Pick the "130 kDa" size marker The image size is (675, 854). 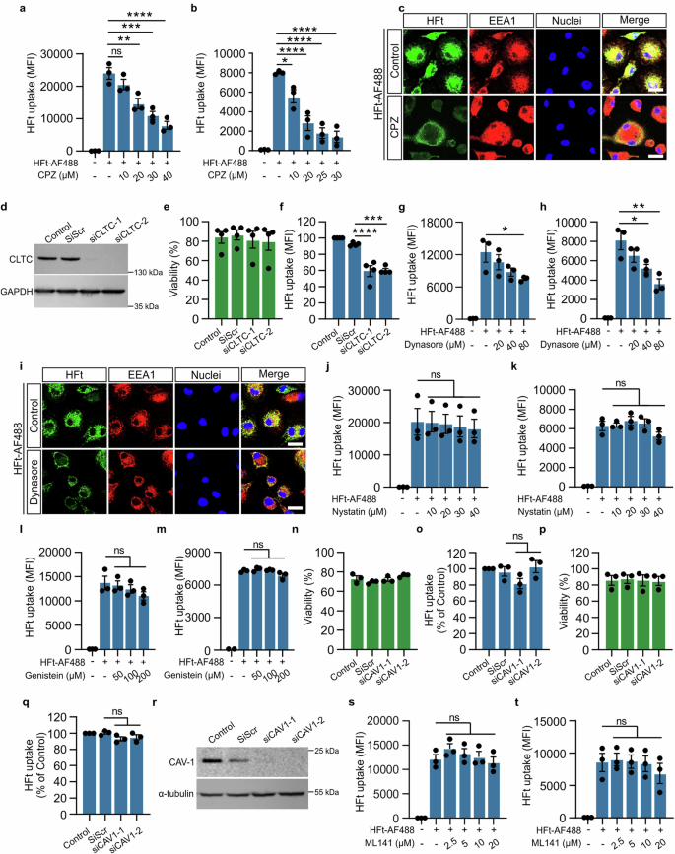point(150,272)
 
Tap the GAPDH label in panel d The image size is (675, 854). point(21,292)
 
